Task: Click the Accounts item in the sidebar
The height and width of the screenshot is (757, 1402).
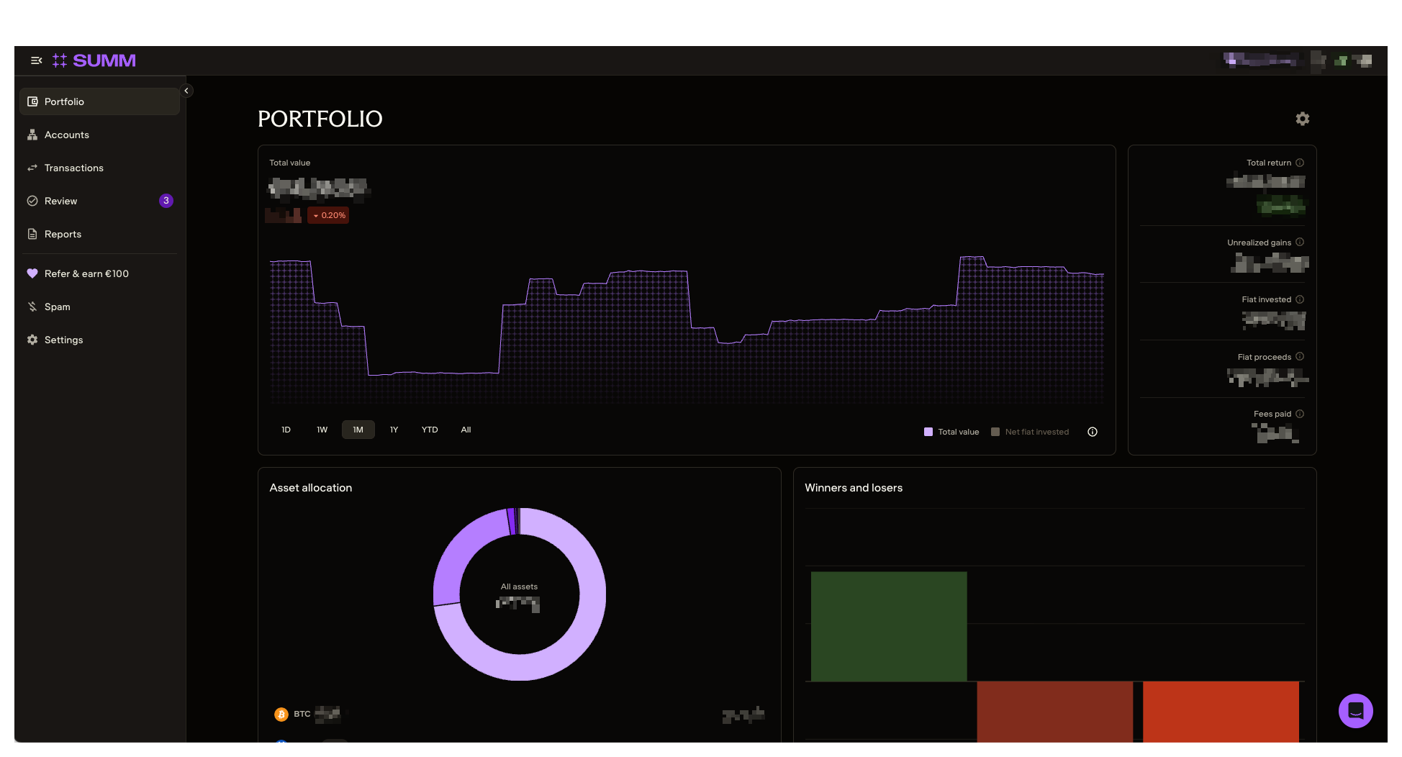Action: click(66, 135)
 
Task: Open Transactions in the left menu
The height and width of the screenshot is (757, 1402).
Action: click(73, 168)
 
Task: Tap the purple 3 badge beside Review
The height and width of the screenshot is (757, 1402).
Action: click(166, 201)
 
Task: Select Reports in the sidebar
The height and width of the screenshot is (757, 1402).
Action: click(63, 234)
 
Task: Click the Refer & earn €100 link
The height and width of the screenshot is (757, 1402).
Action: click(86, 273)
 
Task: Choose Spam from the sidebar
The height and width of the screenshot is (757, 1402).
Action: click(57, 307)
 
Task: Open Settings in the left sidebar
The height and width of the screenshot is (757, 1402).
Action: click(63, 340)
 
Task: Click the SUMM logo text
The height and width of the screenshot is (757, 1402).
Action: click(104, 60)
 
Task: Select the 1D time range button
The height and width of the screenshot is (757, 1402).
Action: click(286, 430)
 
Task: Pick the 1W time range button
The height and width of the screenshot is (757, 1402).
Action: click(322, 430)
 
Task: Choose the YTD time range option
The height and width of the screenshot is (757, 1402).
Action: click(430, 430)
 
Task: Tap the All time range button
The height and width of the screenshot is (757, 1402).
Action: click(466, 430)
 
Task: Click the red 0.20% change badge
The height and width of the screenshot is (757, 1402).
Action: click(329, 215)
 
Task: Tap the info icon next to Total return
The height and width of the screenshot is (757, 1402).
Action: click(1300, 163)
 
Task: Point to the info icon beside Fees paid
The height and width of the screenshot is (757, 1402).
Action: click(1300, 414)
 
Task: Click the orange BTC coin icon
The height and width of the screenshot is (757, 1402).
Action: click(281, 714)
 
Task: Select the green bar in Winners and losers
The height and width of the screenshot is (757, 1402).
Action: click(888, 626)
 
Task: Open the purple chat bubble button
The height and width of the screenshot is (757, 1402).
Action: click(1355, 711)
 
